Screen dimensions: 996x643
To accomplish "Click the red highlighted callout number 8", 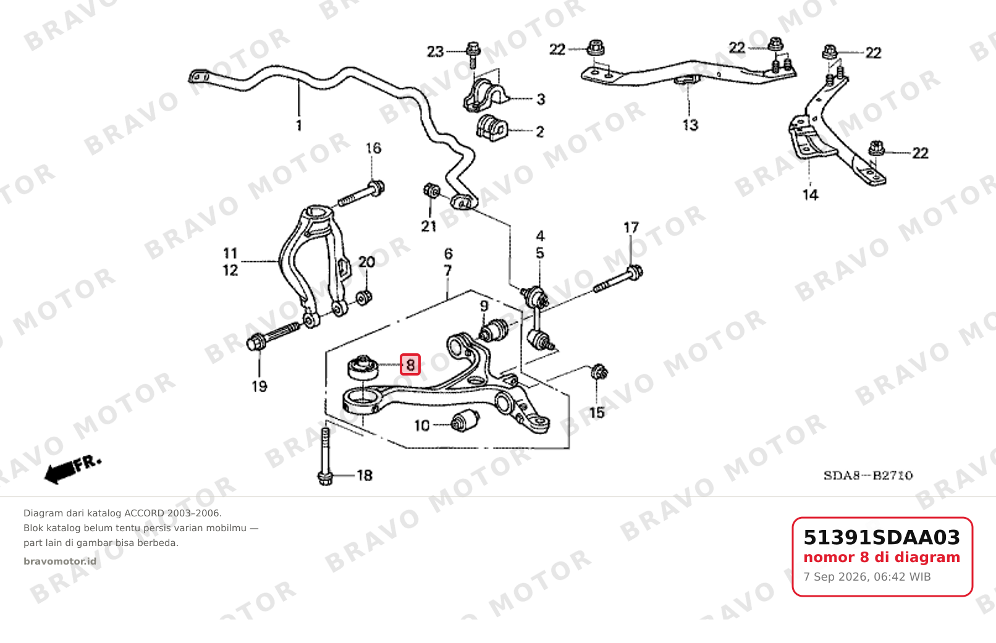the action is tap(410, 365).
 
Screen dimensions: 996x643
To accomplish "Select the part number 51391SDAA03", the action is tap(882, 537).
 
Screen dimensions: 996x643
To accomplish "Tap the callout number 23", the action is tap(436, 52).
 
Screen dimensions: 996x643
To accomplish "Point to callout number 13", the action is tap(691, 125).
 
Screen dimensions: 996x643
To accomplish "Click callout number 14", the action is tap(810, 195).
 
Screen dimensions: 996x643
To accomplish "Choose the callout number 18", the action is tap(365, 476).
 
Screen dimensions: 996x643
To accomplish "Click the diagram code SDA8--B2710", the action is tap(868, 476).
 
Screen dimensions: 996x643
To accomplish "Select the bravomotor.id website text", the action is tap(60, 561).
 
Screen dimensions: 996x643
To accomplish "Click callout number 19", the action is tap(260, 387).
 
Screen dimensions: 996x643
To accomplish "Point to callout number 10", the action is tap(422, 426).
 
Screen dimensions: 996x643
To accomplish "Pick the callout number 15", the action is tap(597, 413).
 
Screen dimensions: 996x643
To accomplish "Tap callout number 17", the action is tap(631, 228).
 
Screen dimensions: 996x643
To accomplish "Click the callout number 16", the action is tap(373, 148).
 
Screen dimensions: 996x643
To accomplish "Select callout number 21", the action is tap(429, 227).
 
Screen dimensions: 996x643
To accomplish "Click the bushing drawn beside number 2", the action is tap(492, 128).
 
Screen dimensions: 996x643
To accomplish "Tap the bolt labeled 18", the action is tap(326, 457).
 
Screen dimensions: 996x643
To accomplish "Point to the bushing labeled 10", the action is tap(465, 421).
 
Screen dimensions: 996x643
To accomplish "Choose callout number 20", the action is tap(367, 262).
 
